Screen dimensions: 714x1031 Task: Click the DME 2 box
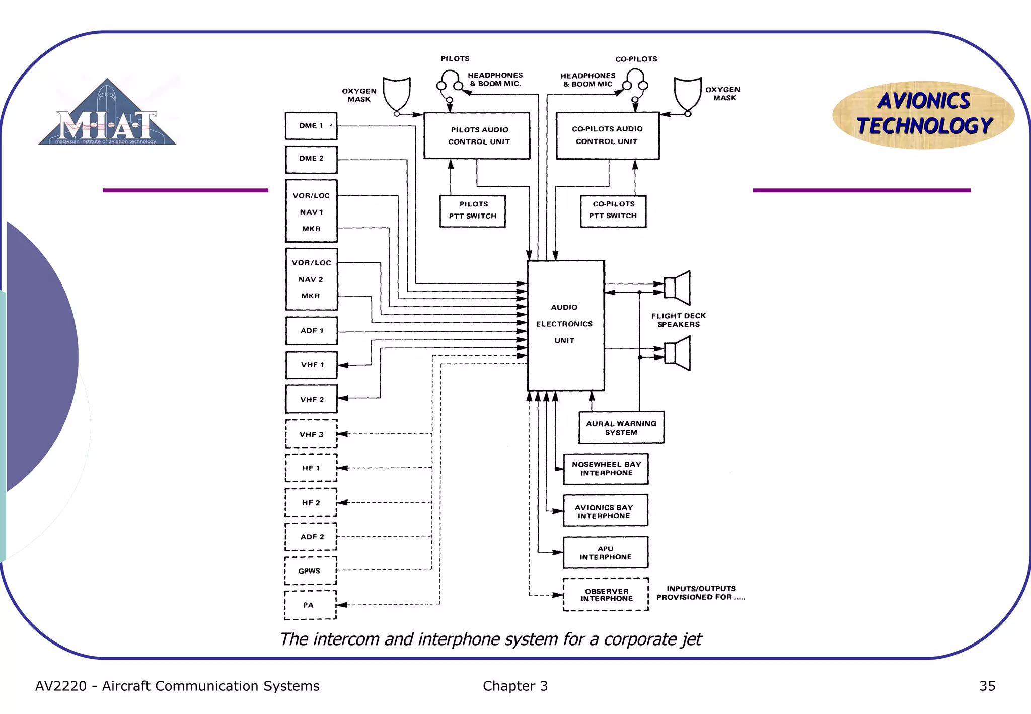point(311,159)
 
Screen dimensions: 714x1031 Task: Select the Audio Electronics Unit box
point(565,325)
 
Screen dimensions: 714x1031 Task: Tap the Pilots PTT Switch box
point(472,211)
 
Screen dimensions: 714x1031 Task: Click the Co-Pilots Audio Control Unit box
point(607,135)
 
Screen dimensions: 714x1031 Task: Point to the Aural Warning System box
point(621,427)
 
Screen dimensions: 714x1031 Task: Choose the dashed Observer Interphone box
point(606,595)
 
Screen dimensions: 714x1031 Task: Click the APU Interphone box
point(606,553)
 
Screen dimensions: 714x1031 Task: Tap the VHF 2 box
point(311,399)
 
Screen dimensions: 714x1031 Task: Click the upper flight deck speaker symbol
point(678,288)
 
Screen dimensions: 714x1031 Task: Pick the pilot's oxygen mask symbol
point(397,94)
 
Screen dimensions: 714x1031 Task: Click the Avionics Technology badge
point(924,114)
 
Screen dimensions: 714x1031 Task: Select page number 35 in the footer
point(987,686)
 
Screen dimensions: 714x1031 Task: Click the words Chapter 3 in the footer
point(515,686)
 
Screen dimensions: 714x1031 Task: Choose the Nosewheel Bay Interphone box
point(606,469)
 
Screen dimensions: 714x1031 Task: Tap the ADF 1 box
point(311,331)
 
